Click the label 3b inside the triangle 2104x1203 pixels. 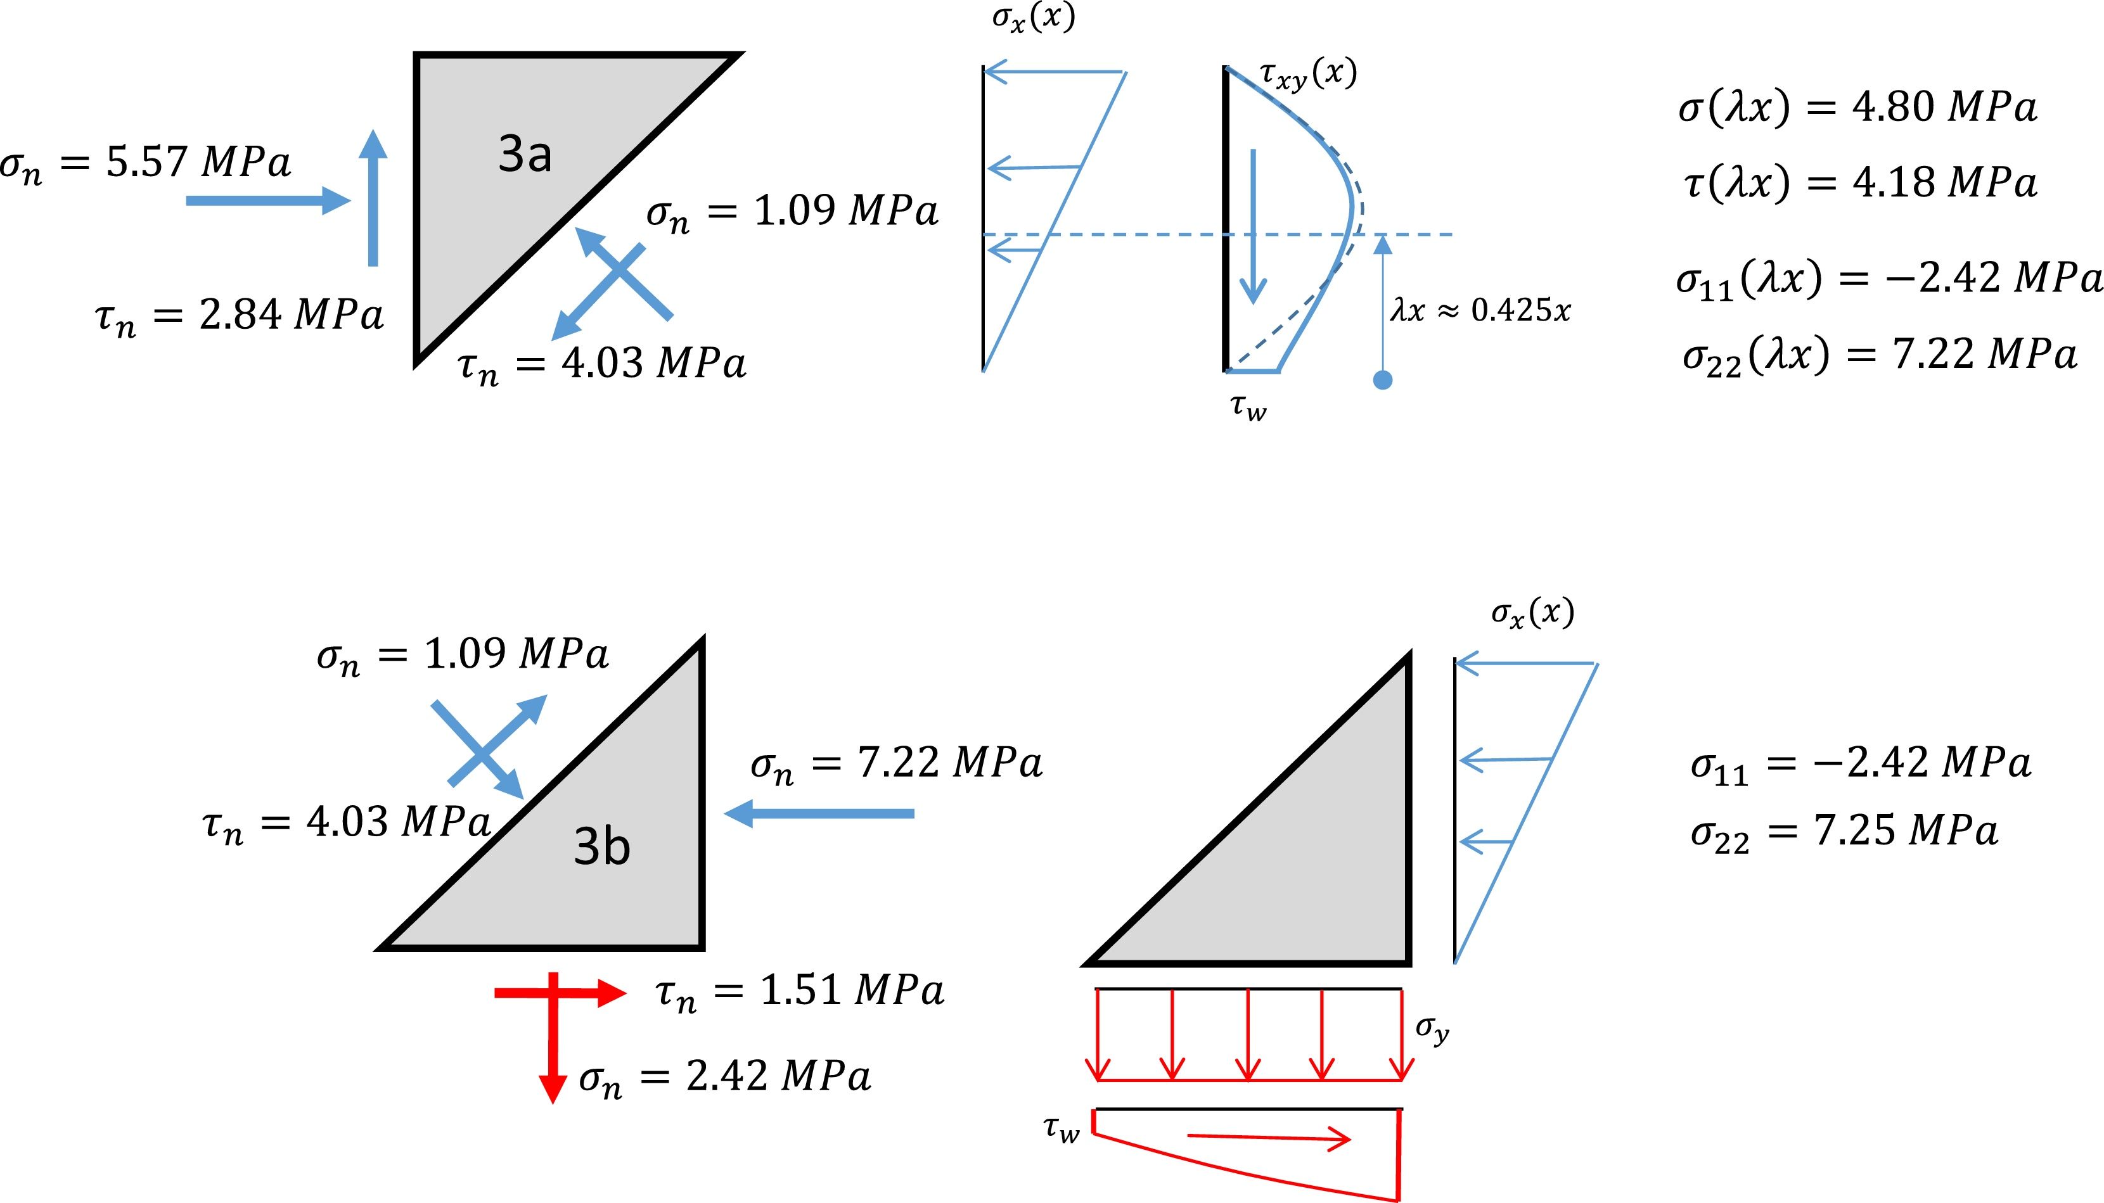[x=601, y=847]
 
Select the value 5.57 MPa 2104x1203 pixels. [x=198, y=161]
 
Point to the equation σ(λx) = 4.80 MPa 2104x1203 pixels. [x=1857, y=108]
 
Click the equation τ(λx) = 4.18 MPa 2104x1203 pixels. [x=1859, y=182]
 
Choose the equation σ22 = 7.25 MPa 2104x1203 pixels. [x=1845, y=832]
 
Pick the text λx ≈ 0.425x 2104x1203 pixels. [x=1480, y=310]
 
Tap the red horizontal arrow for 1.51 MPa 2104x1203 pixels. [x=559, y=993]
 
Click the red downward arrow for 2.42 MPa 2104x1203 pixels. [x=553, y=1041]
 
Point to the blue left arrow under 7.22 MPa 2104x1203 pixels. [x=820, y=814]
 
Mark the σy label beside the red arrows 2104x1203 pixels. [x=1432, y=1029]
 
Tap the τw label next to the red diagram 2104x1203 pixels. [x=1061, y=1129]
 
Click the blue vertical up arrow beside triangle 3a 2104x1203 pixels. [x=373, y=198]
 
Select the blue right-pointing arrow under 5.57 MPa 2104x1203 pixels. [x=267, y=201]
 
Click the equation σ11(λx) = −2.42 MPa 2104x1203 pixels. [x=1889, y=279]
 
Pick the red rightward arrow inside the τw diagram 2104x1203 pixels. [x=1269, y=1138]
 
